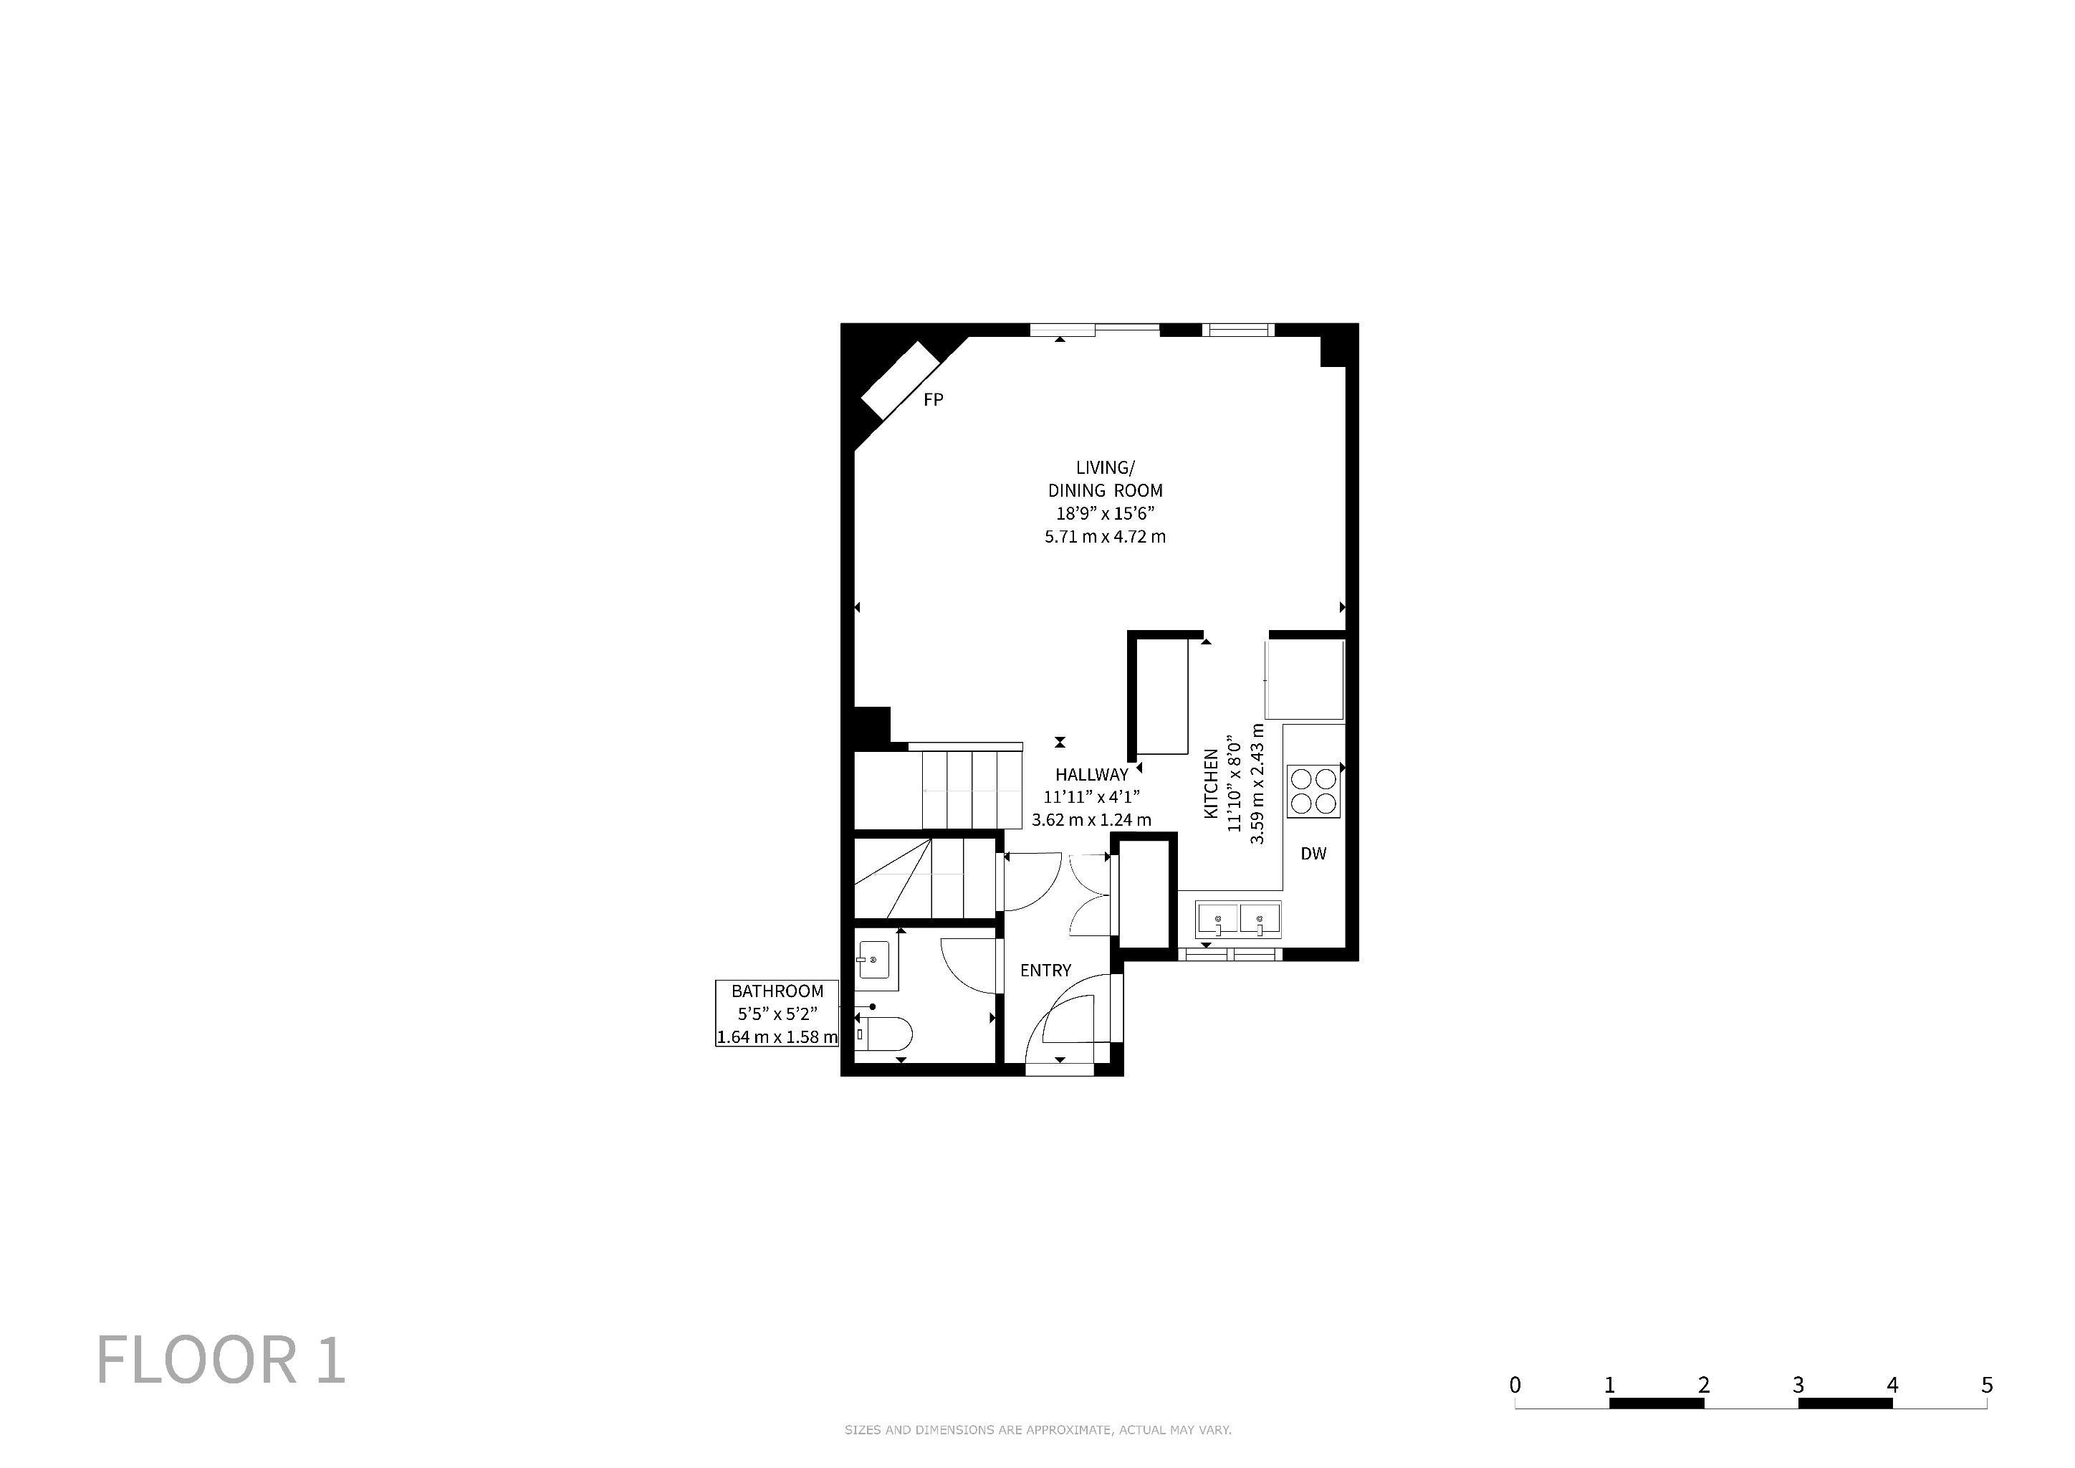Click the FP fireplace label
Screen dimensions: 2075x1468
pyautogui.click(x=934, y=399)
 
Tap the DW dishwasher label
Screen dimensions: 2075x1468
pyautogui.click(x=1313, y=853)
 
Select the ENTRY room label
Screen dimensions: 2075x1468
pyautogui.click(x=1045, y=970)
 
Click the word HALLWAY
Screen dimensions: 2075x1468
pyautogui.click(x=1092, y=775)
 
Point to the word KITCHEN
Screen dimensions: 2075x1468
pyautogui.click(x=1211, y=783)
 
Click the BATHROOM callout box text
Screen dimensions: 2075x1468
pyautogui.click(x=777, y=1014)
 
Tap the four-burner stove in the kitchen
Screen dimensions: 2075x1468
pyautogui.click(x=1314, y=792)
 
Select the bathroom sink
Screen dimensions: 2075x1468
pyautogui.click(x=873, y=960)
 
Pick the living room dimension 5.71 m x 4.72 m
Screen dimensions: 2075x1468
pyautogui.click(x=1106, y=537)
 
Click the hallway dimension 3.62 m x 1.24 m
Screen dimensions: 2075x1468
pyautogui.click(x=1092, y=821)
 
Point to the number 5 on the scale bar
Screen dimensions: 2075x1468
pyautogui.click(x=1986, y=1384)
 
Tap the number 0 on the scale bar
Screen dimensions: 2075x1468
pyautogui.click(x=1515, y=1384)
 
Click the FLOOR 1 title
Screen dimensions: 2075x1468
pyautogui.click(x=221, y=1360)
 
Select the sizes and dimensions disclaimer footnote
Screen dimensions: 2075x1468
pyautogui.click(x=1037, y=1430)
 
